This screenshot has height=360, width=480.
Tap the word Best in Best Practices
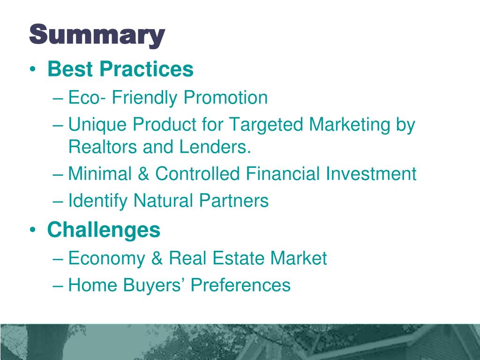click(x=69, y=69)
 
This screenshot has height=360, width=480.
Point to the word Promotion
click(x=225, y=98)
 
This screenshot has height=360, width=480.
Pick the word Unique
click(x=97, y=125)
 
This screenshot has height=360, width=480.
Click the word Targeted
click(x=265, y=125)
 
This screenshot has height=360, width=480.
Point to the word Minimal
click(x=97, y=174)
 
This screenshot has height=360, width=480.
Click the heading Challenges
click(x=104, y=230)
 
